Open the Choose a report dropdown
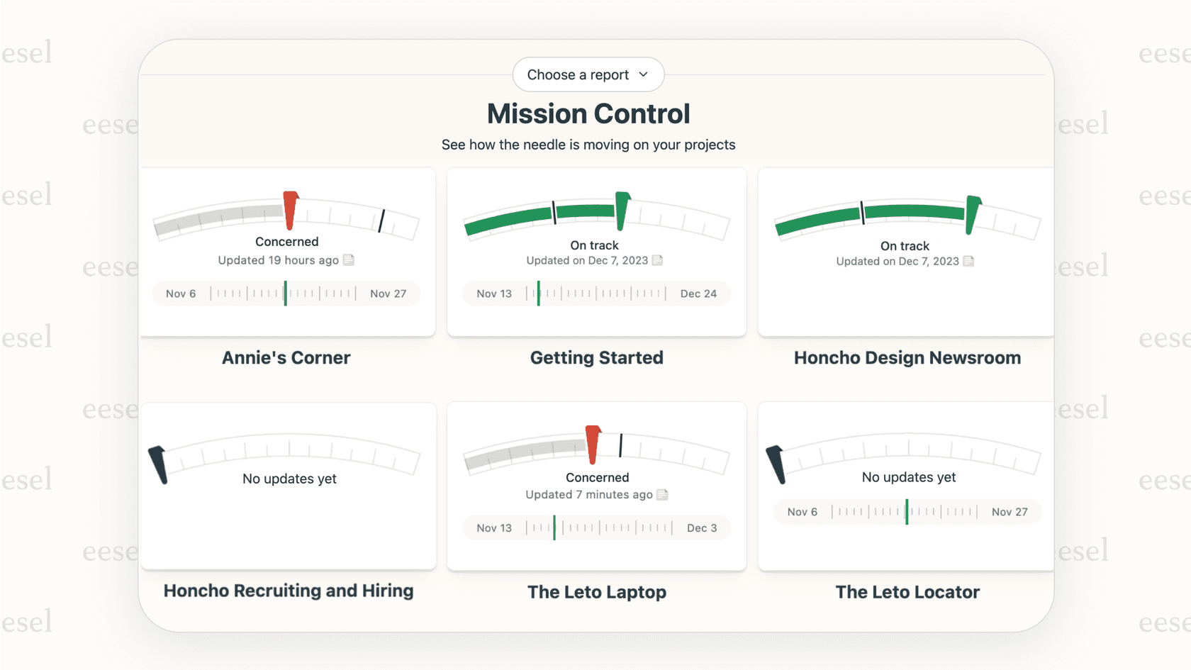588,74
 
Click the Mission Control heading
588,114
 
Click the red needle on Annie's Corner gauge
290,211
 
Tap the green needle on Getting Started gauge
622,211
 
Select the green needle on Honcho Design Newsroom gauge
972,215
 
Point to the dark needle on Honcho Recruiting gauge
159,465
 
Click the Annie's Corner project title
286,358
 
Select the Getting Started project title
596,358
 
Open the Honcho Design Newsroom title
907,358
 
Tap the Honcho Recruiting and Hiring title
288,591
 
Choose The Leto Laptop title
596,592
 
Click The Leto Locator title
907,592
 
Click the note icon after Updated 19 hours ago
349,260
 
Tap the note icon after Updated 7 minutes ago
662,495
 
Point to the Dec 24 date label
698,294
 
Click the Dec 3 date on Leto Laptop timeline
701,528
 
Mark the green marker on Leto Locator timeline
907,512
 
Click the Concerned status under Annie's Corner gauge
286,242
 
